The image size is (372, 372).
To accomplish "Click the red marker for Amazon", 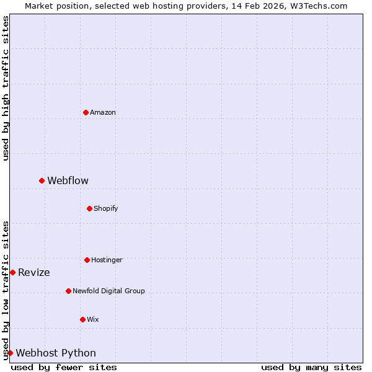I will click(86, 112).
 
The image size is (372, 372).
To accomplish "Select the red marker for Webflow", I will click(42, 180).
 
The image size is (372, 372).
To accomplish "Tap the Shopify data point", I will click(89, 208).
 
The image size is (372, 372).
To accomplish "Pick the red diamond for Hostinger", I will click(87, 260).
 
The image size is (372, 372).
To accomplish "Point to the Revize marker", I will click(12, 272).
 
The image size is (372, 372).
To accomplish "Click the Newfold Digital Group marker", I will click(68, 291).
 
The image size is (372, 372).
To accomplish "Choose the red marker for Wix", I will click(82, 319).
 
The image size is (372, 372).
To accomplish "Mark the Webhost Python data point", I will click(10, 353).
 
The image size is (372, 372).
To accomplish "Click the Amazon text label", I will click(103, 112).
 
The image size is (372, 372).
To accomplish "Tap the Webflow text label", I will click(68, 180).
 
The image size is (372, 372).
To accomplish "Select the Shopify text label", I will click(106, 208).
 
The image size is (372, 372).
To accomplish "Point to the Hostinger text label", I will click(107, 260).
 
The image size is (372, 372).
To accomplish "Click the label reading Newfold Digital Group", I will click(108, 291).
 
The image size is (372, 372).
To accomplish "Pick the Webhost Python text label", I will click(56, 353).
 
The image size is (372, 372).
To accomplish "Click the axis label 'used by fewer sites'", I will click(64, 367).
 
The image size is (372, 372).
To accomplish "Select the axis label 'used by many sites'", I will click(311, 367).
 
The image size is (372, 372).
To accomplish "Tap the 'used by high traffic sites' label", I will click(6, 88).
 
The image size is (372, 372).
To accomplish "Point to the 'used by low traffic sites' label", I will click(6, 290).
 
